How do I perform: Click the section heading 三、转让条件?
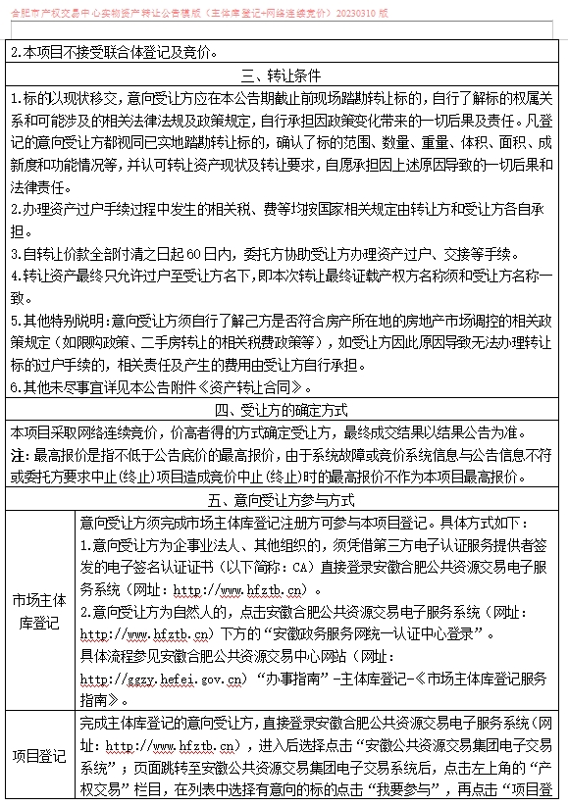tap(283, 76)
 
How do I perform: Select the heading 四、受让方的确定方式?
tap(283, 411)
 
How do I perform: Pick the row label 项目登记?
tap(40, 755)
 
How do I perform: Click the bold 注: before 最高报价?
tap(20, 455)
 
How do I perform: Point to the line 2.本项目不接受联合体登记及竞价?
tap(116, 52)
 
